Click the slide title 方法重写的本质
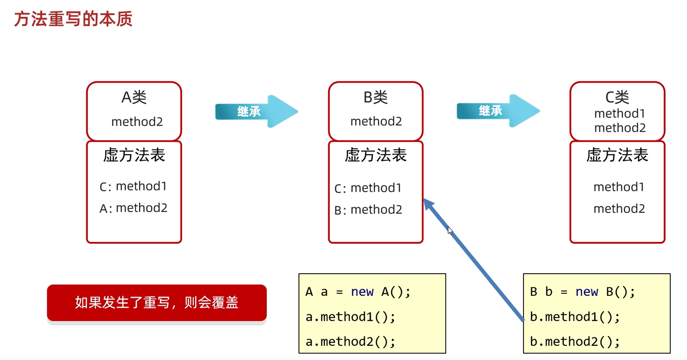73,19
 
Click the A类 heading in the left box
134,97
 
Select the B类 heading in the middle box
375,97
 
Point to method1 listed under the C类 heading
619,113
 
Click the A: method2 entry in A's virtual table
133,208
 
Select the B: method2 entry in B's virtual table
368,210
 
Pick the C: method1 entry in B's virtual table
368,188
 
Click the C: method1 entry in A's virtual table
133,186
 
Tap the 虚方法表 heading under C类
617,155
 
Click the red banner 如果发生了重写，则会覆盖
157,303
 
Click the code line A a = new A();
358,292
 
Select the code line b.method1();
575,317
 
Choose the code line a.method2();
350,342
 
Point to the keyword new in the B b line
587,292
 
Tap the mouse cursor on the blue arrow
450,231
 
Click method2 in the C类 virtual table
619,209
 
